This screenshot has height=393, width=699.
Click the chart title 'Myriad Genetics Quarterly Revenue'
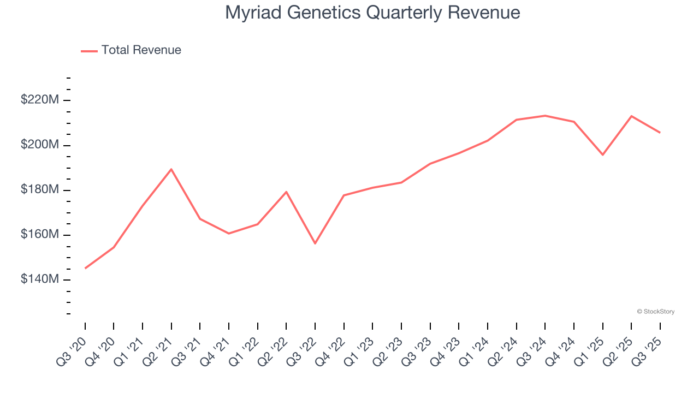click(372, 13)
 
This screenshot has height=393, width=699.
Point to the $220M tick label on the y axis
click(40, 100)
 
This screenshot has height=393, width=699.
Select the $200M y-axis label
click(40, 145)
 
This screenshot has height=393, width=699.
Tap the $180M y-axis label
click(40, 189)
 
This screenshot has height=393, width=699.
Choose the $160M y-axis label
click(40, 234)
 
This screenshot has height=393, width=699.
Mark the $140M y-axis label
click(40, 279)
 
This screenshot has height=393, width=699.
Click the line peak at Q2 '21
click(171, 169)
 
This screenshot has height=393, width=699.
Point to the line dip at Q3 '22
click(315, 243)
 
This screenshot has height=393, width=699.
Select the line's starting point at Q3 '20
click(85, 268)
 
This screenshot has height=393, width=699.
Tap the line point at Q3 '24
click(545, 116)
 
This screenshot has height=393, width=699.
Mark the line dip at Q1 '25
click(602, 155)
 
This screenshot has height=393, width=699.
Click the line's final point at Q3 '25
click(660, 133)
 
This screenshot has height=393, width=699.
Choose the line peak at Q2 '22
click(286, 192)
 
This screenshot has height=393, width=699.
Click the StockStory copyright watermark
click(655, 312)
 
